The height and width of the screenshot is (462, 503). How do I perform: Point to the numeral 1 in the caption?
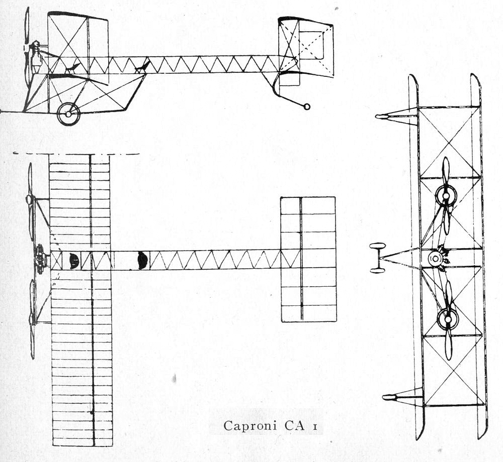pyautogui.click(x=315, y=426)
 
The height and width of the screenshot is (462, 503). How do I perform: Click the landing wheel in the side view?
pyautogui.click(x=68, y=114)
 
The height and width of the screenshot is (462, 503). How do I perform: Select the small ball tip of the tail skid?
pyautogui.click(x=307, y=106)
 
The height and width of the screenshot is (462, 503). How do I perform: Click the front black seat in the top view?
pyautogui.click(x=74, y=260)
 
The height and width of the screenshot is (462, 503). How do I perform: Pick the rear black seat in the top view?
pyautogui.click(x=143, y=260)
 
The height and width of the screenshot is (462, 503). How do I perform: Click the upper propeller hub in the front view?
pyautogui.click(x=446, y=195)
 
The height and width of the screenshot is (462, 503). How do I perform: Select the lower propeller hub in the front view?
pyautogui.click(x=448, y=318)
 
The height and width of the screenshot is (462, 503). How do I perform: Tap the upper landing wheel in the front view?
pyautogui.click(x=377, y=246)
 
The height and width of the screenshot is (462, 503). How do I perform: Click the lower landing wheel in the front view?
pyautogui.click(x=378, y=271)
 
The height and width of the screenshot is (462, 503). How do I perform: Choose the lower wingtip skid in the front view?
pyautogui.click(x=402, y=396)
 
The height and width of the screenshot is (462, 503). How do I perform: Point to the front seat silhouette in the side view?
pyautogui.click(x=72, y=68)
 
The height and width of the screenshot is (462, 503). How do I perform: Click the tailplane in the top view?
pyautogui.click(x=309, y=259)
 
